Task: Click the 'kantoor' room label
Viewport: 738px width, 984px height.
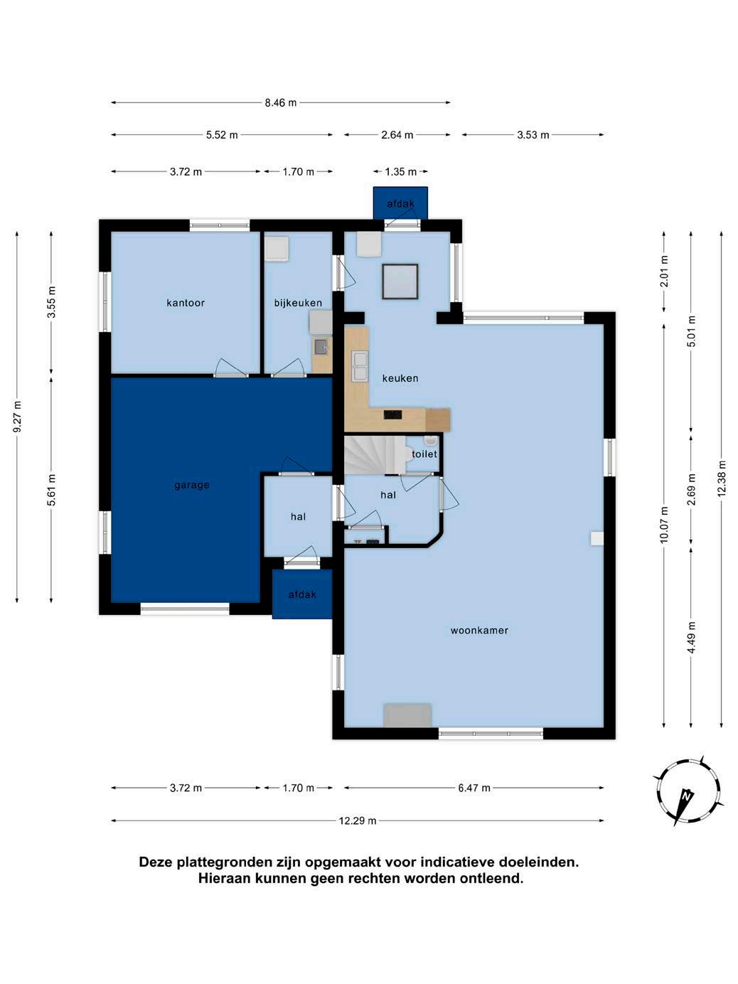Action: tap(185, 303)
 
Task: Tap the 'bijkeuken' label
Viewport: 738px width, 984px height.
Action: tap(298, 304)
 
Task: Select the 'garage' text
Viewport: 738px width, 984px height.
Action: tap(192, 485)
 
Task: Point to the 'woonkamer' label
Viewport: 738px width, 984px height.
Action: tap(479, 631)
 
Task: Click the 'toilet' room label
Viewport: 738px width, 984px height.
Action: tap(424, 454)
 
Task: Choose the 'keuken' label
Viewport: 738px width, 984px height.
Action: tap(400, 378)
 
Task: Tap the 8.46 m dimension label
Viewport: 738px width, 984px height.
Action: tap(281, 102)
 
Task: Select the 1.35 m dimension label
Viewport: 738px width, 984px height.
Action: tap(400, 171)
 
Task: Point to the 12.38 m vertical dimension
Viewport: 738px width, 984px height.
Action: tap(722, 478)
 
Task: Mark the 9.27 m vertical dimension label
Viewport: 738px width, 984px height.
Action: tap(17, 417)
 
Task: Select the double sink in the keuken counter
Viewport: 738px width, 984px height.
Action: tap(360, 366)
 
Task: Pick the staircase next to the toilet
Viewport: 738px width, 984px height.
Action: tap(374, 455)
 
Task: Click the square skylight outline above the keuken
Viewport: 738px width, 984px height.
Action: tap(400, 282)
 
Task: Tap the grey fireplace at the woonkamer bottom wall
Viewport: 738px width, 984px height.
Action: tap(407, 715)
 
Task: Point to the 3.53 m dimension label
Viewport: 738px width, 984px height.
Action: tap(533, 135)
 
